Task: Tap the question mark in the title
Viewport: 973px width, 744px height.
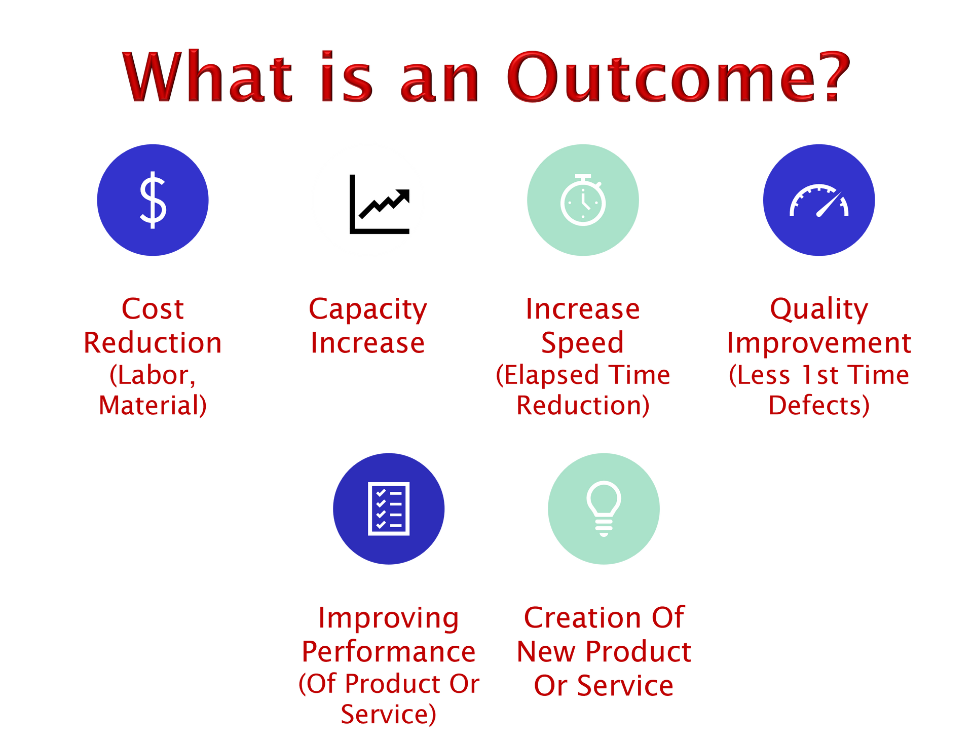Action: (x=835, y=76)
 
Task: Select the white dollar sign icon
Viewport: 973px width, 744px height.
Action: (x=153, y=200)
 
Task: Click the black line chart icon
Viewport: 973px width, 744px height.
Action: (x=379, y=204)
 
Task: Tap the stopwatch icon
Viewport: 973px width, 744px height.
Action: (x=583, y=200)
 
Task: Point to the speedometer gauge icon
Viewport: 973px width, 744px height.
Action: (x=819, y=201)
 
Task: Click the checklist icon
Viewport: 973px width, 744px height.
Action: (x=389, y=508)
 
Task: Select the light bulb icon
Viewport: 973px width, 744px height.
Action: (x=604, y=508)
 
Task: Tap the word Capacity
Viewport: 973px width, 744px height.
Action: (x=368, y=310)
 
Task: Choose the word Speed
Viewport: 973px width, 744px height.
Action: (x=583, y=343)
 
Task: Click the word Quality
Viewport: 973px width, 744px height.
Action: (x=819, y=310)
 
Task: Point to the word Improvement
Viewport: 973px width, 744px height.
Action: (x=819, y=343)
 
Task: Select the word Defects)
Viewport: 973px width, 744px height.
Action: (x=819, y=405)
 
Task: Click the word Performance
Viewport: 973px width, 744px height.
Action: (x=389, y=651)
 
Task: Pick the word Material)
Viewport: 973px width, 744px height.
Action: (x=153, y=405)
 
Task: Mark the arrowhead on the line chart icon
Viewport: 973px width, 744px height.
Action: (x=403, y=195)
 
